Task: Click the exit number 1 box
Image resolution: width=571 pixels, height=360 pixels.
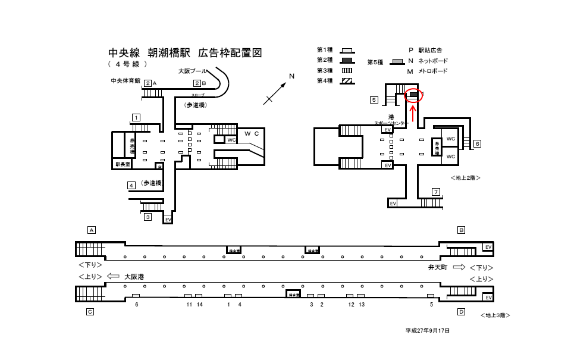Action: click(136, 117)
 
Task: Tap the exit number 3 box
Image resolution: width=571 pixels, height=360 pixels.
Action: click(148, 217)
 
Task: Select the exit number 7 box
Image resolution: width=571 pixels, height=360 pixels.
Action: click(436, 192)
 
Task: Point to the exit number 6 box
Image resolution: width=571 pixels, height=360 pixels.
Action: click(477, 143)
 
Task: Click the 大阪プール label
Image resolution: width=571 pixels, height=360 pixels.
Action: click(193, 71)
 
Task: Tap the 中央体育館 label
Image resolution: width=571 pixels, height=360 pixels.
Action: click(125, 80)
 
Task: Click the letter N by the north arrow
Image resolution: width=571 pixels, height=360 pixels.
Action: click(291, 76)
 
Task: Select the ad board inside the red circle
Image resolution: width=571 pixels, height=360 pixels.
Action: click(413, 95)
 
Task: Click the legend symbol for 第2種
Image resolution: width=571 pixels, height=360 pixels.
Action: click(347, 60)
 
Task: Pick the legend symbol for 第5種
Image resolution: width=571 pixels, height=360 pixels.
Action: click(397, 62)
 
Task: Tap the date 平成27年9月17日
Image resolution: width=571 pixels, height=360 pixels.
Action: click(428, 330)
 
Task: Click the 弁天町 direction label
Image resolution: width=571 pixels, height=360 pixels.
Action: click(438, 268)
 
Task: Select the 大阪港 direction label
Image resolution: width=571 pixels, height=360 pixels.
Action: click(134, 277)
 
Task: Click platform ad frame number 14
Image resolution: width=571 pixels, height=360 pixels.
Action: click(199, 296)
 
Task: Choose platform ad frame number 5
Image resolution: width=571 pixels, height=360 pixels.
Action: click(431, 296)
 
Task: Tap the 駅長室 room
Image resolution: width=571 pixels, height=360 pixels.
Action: click(122, 164)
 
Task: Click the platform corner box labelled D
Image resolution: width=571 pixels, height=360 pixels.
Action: click(461, 311)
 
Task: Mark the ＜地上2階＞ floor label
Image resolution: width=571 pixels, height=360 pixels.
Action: click(466, 177)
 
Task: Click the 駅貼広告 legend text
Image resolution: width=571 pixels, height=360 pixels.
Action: click(430, 51)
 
